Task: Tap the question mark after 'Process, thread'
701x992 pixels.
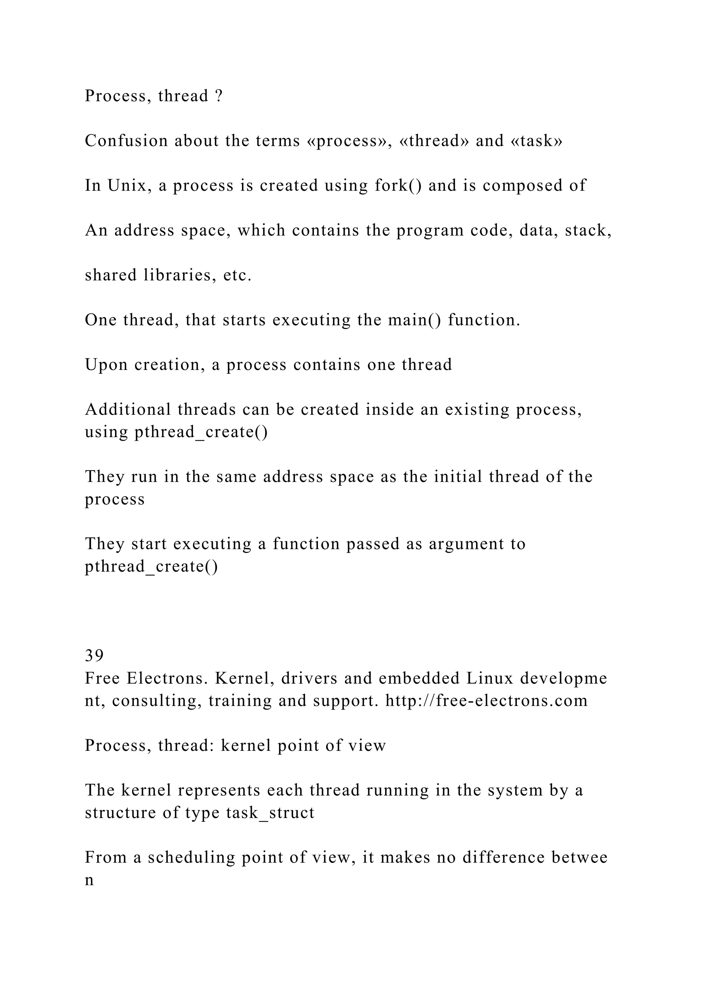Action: (218, 96)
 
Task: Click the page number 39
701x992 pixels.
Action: (94, 656)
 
